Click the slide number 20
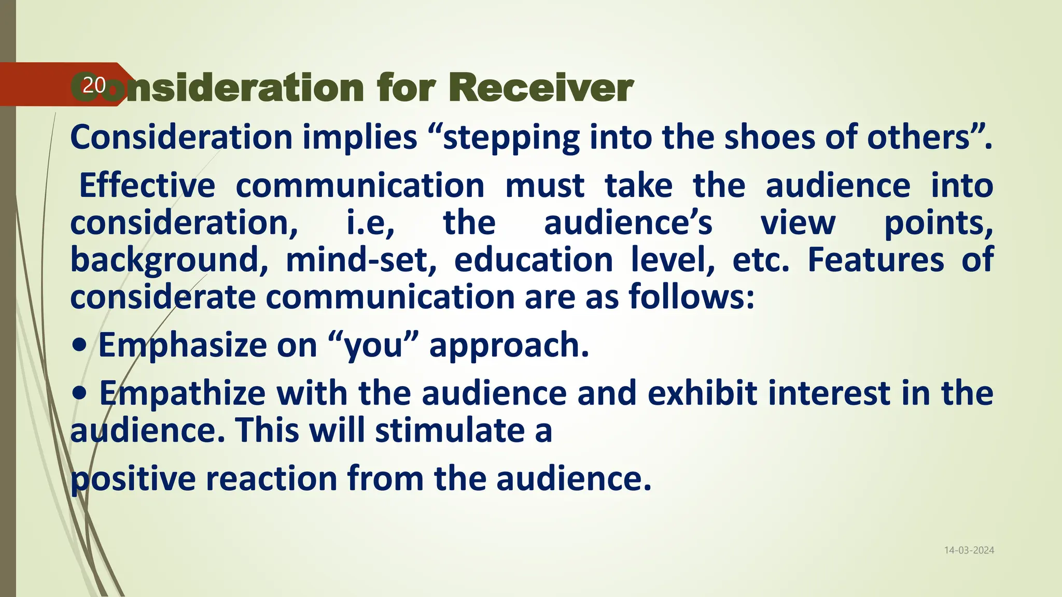point(94,85)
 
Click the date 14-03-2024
point(969,550)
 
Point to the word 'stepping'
point(511,139)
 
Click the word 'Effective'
point(147,186)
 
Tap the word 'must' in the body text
point(544,186)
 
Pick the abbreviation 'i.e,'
point(370,223)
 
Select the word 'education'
point(534,260)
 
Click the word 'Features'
point(875,260)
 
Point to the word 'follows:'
point(691,297)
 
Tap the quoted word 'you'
point(373,346)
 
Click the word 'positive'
point(133,479)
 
